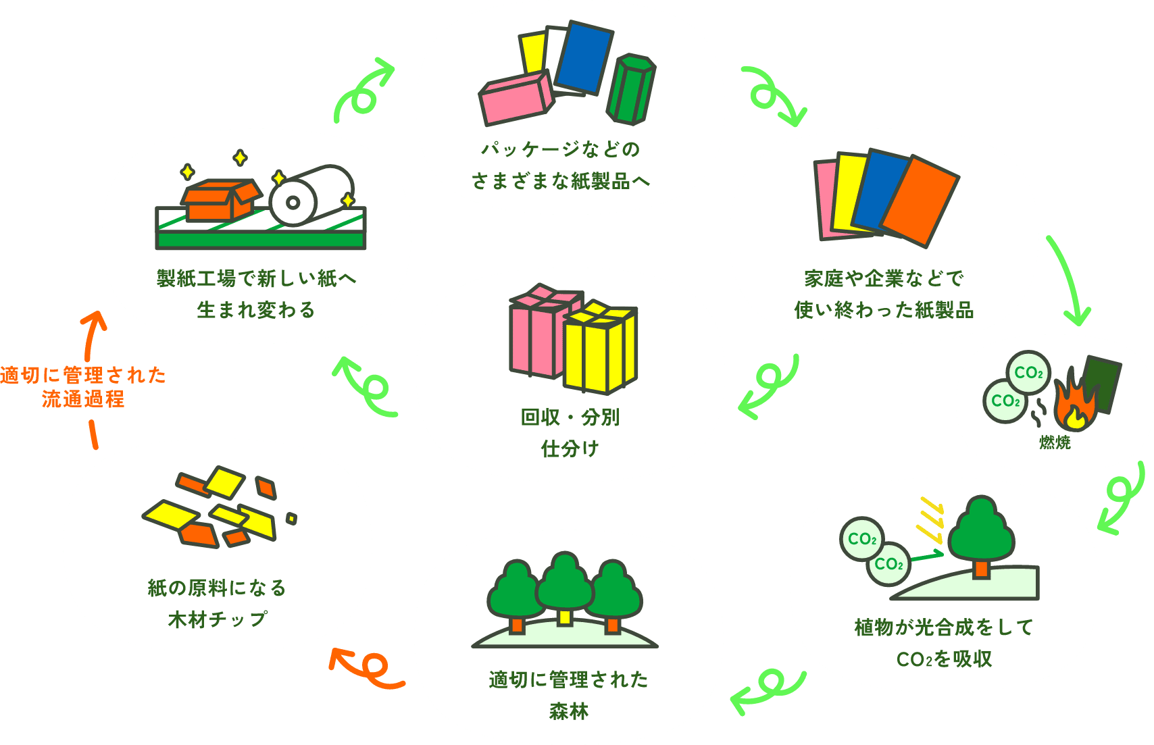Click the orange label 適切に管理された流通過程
[82, 386]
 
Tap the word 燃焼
[1055, 443]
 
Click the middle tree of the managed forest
[564, 584]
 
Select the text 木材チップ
[218, 619]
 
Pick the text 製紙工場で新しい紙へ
[256, 278]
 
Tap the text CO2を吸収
[944, 659]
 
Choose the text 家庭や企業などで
[884, 278]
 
